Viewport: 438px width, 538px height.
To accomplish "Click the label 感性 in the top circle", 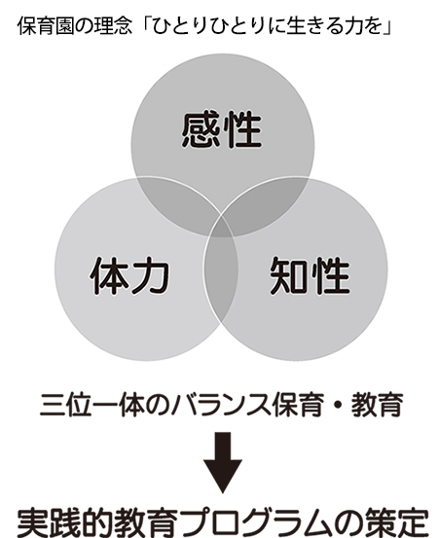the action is (222, 129).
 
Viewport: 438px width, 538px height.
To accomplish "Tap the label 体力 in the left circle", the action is (129, 276).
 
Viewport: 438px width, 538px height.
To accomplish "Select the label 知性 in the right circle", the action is (310, 276).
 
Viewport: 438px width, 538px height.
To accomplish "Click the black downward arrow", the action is (223, 462).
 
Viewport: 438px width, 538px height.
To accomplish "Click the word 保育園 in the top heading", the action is (46, 26).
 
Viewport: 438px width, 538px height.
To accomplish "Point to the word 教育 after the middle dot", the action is (377, 406).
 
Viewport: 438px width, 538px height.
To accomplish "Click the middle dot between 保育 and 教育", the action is (338, 406).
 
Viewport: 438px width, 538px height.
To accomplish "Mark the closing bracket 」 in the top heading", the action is (386, 26).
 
